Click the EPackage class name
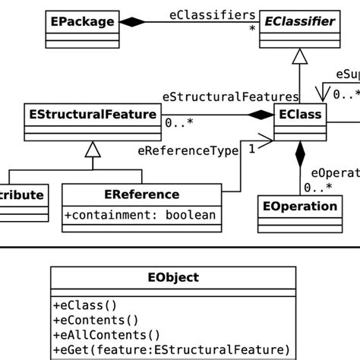click(x=84, y=22)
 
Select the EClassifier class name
click(x=300, y=22)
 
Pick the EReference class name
click(x=144, y=194)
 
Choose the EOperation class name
click(x=299, y=206)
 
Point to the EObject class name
click(x=173, y=277)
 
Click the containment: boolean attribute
click(x=144, y=215)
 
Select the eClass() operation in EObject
click(x=85, y=306)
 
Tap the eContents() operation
click(x=96, y=321)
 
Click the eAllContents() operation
click(x=106, y=335)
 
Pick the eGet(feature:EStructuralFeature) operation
click(x=172, y=349)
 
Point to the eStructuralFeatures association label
click(x=230, y=96)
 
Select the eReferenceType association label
click(x=188, y=150)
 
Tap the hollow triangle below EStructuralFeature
click(x=92, y=150)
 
